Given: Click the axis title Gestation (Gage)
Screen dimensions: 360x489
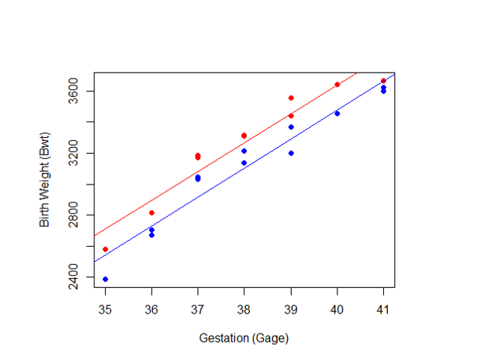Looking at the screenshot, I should pos(244,338).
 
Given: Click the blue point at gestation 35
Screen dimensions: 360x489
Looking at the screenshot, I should pos(105,279).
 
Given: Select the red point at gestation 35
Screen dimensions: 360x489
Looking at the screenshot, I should pos(105,249).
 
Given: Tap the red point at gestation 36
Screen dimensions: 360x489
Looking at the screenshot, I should pos(151,213).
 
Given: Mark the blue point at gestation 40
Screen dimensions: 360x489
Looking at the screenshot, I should pos(337,113).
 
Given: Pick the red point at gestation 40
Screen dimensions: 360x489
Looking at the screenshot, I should pos(337,85).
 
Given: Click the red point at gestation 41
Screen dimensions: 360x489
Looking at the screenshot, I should pos(383,81).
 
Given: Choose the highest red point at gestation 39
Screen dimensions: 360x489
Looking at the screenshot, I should pos(291,98).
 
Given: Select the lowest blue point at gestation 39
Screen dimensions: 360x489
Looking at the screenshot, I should pos(291,153).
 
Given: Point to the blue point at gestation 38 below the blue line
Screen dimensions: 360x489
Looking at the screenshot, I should pos(244,163).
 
